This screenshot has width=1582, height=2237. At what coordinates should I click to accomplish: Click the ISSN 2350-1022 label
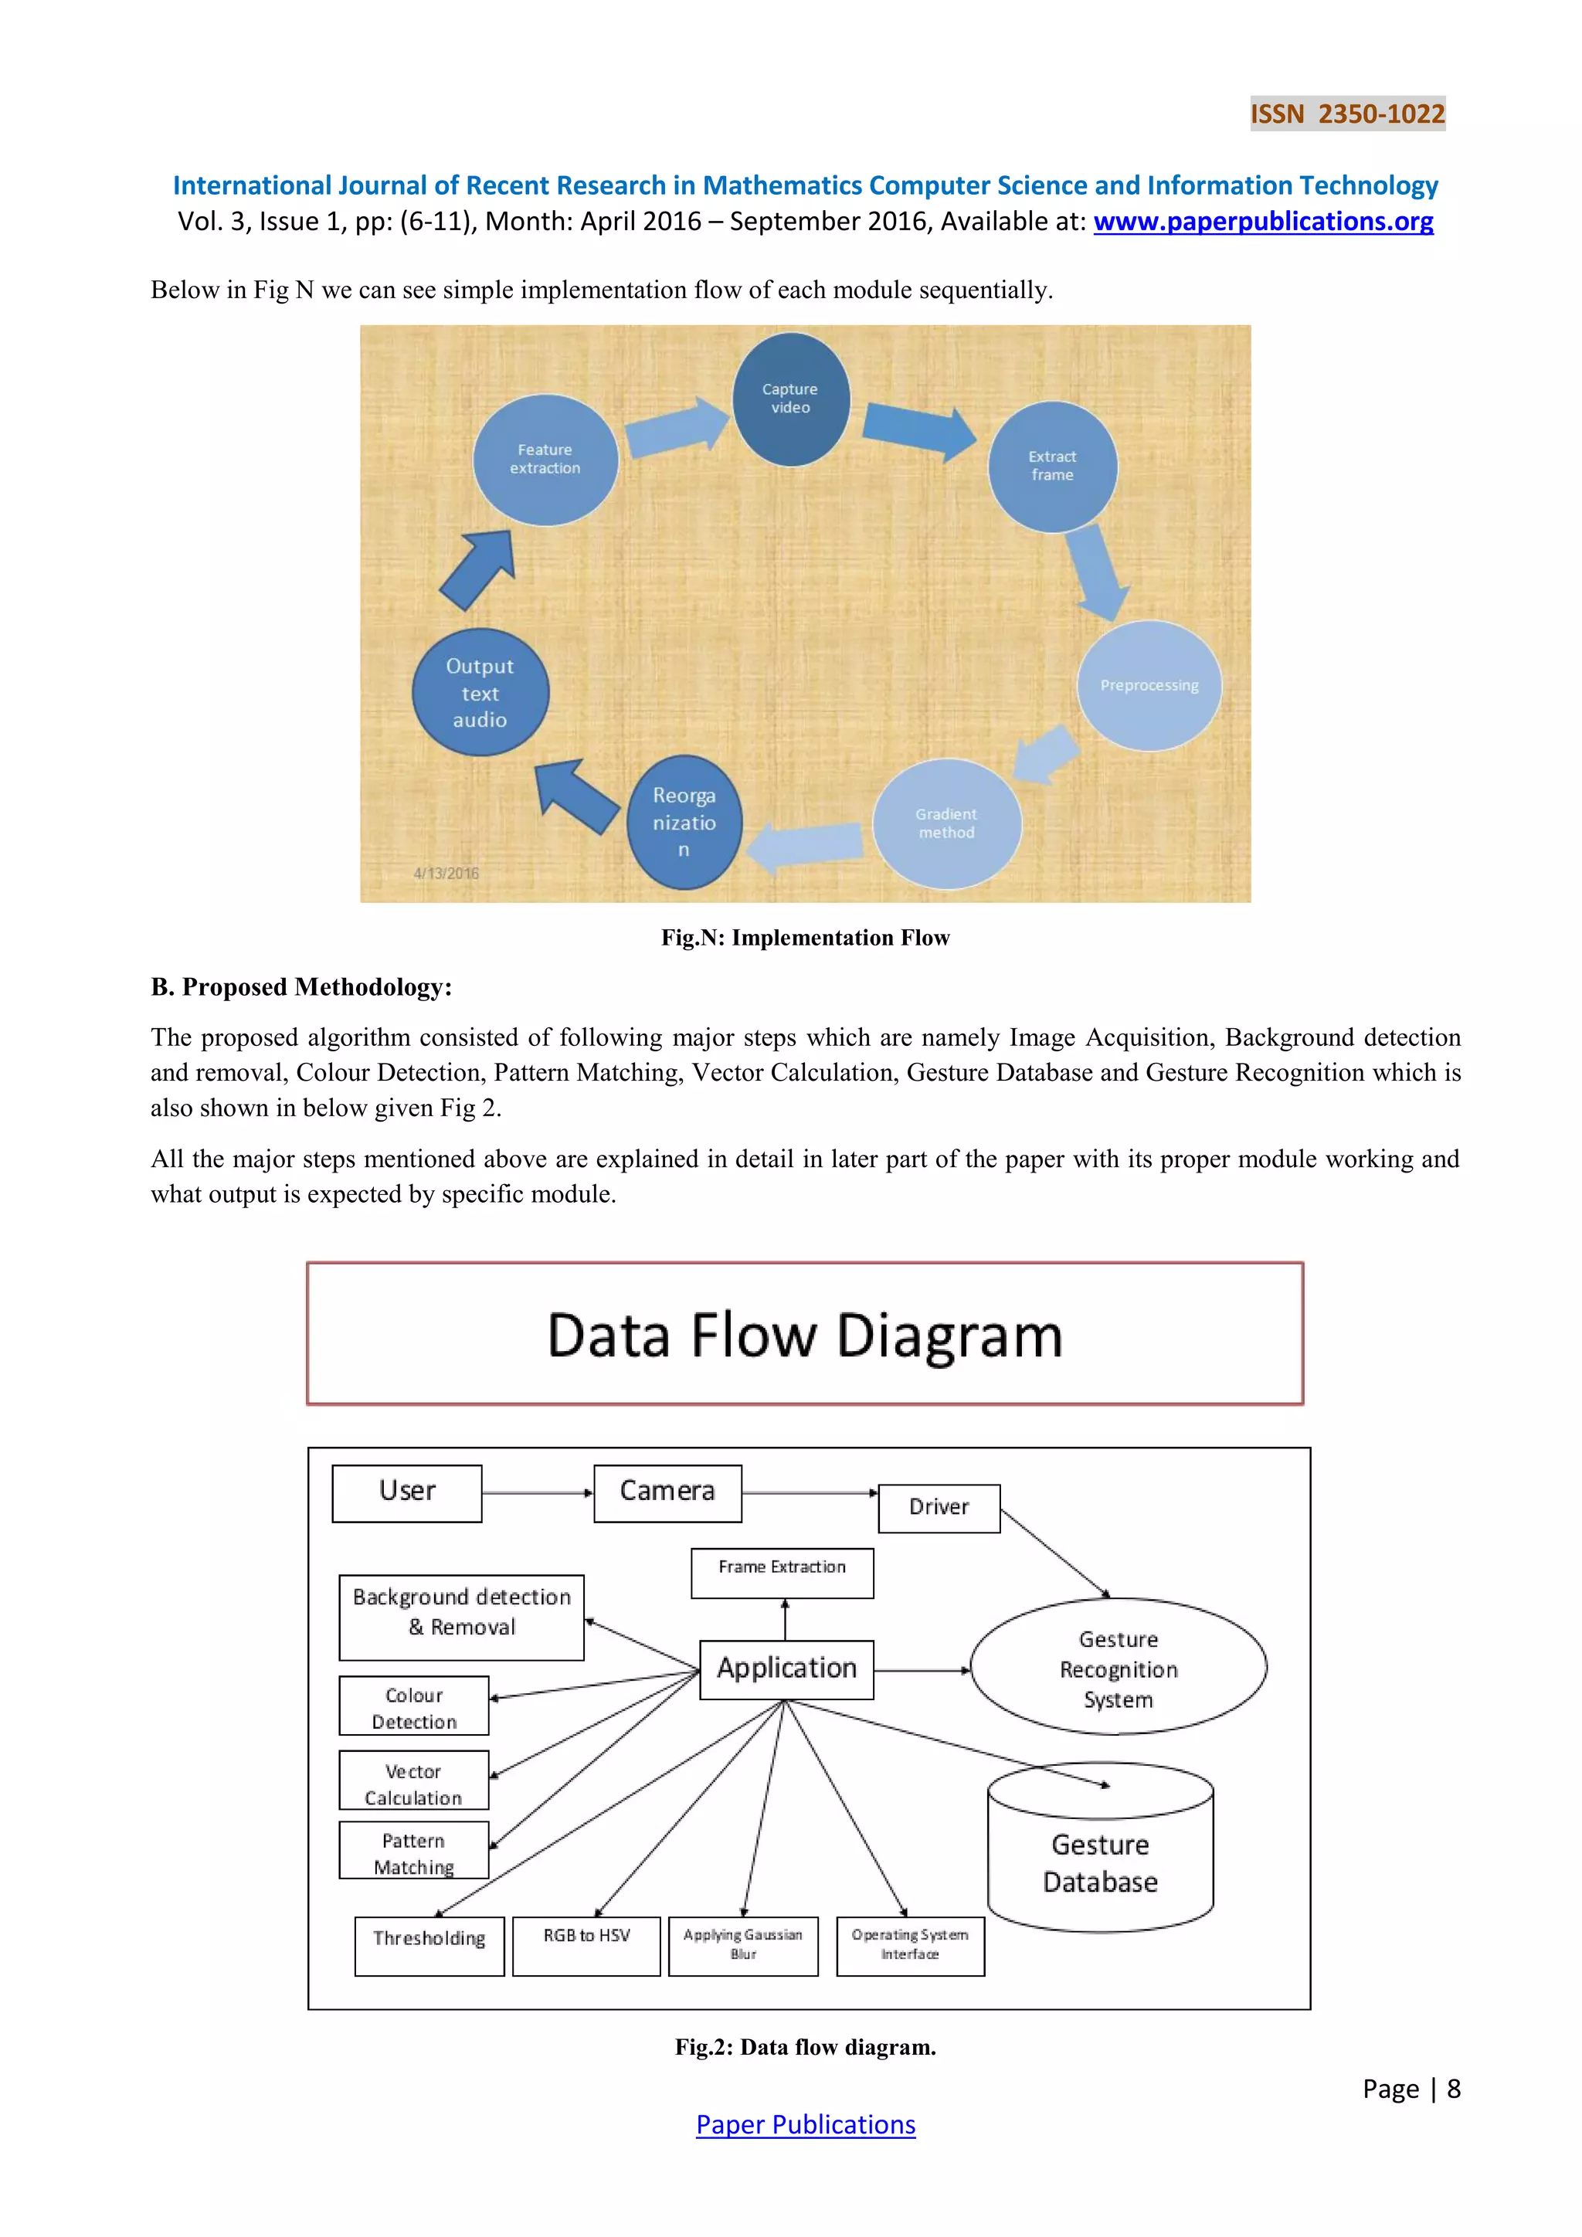1346,114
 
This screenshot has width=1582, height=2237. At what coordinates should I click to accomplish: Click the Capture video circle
790,399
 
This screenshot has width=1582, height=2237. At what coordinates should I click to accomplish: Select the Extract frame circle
1052,467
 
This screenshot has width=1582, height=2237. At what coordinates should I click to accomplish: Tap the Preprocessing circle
1149,686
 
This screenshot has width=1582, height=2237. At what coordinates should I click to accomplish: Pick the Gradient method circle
946,823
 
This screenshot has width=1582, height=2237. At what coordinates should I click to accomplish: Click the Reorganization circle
684,823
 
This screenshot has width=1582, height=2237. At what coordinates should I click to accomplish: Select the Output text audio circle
480,693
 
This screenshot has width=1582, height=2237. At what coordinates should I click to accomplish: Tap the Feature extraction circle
545,460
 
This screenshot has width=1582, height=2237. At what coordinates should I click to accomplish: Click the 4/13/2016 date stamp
446,873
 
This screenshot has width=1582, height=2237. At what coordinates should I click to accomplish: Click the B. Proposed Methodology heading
301,987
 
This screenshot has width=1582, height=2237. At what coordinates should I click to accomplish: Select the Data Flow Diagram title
805,1335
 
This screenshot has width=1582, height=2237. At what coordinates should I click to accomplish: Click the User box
406,1492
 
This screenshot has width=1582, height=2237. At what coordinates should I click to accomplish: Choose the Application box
786,1670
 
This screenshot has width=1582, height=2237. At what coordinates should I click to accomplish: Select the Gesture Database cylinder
1100,1863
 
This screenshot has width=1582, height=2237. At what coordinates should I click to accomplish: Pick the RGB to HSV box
586,1946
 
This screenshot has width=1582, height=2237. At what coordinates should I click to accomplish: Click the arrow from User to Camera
537,1492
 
